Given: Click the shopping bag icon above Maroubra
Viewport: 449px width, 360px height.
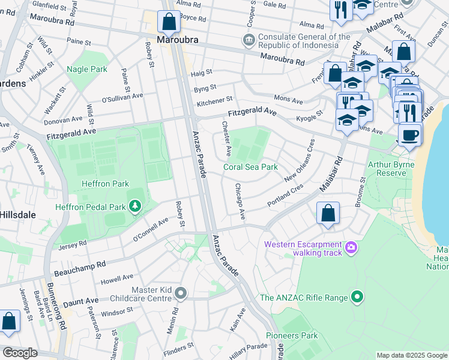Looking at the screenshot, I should pyautogui.click(x=169, y=22).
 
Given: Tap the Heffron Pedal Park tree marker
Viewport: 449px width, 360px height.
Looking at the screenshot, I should pyautogui.click(x=135, y=207).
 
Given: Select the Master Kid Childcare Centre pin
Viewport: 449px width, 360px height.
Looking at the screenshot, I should pyautogui.click(x=180, y=293).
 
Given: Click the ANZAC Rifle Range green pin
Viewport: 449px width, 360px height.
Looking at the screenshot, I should pyautogui.click(x=357, y=296).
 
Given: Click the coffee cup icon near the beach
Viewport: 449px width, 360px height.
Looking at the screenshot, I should pyautogui.click(x=409, y=135).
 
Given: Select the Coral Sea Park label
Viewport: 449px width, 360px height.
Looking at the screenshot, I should pyautogui.click(x=250, y=167).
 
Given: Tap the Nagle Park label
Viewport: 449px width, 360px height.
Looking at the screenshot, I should pyautogui.click(x=87, y=69).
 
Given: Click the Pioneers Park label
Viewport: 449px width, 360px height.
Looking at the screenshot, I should pyautogui.click(x=292, y=335).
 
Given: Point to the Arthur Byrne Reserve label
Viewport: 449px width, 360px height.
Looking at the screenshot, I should pyautogui.click(x=396, y=168).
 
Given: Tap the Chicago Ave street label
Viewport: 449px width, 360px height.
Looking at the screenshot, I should pyautogui.click(x=240, y=201).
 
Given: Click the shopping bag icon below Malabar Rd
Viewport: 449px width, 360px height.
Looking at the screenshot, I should pyautogui.click(x=328, y=214).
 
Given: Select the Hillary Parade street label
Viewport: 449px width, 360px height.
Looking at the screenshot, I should pyautogui.click(x=248, y=350).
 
